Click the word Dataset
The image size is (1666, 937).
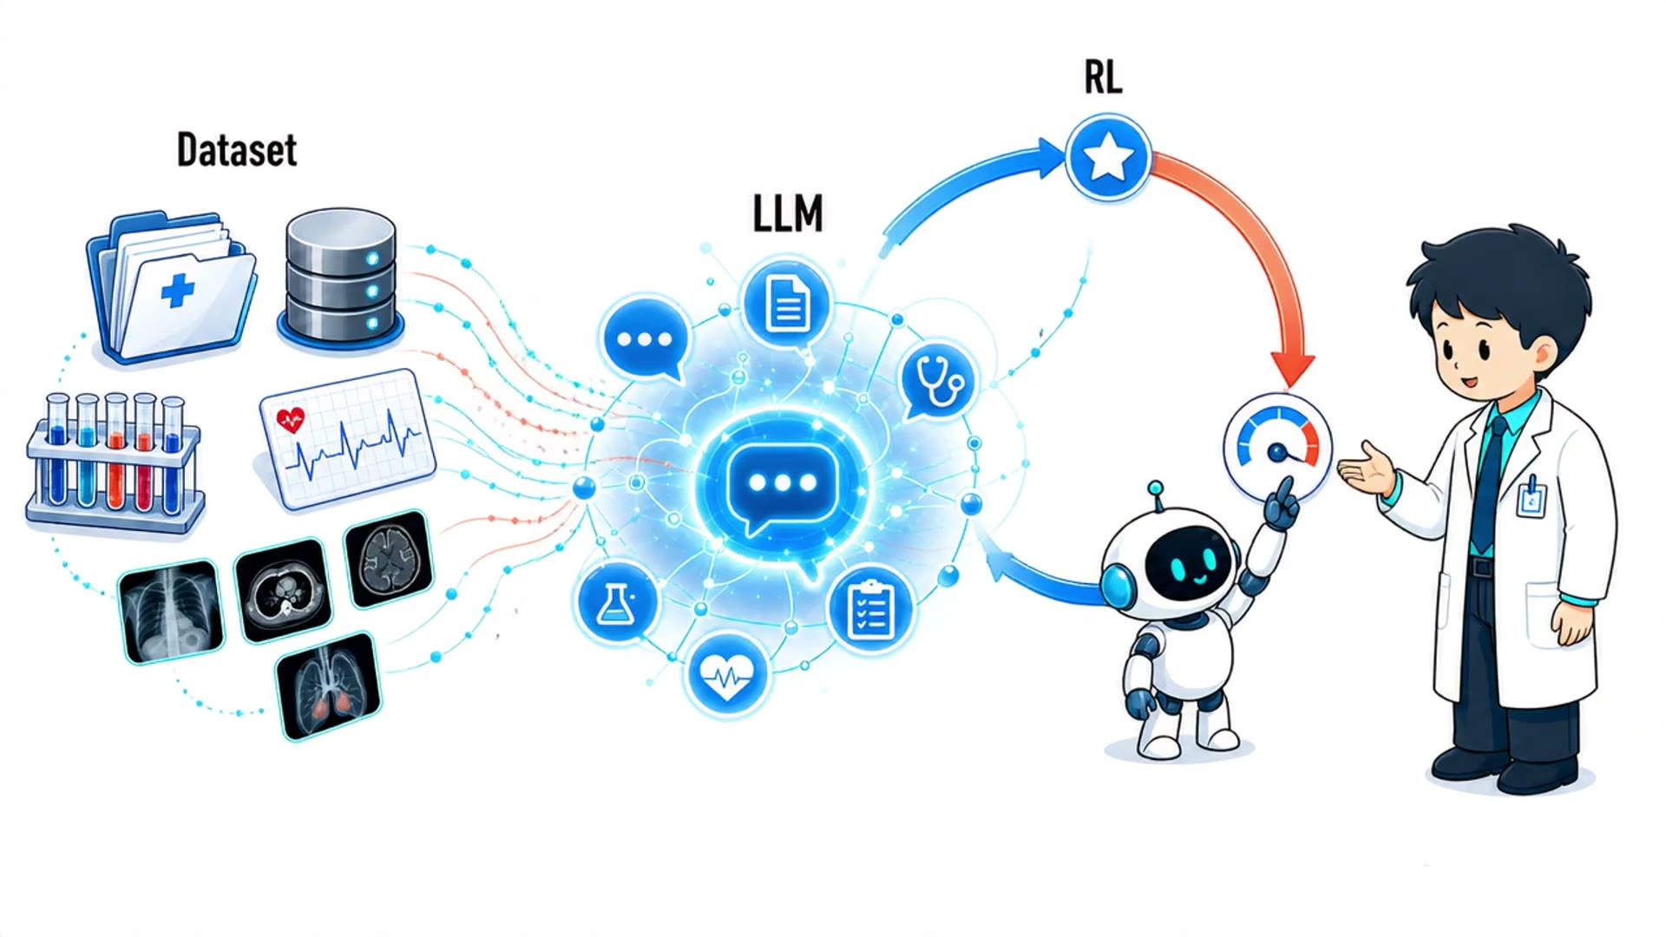click(x=237, y=150)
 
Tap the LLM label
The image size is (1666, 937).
click(x=788, y=213)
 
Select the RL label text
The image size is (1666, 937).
click(x=1103, y=78)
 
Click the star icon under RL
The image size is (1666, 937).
click(x=1108, y=159)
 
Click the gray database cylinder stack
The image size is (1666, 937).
click(x=341, y=278)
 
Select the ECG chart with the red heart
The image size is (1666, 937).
click(x=347, y=437)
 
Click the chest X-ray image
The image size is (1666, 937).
click(x=171, y=611)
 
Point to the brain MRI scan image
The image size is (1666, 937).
click(x=388, y=558)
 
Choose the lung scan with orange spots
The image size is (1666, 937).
click(x=329, y=686)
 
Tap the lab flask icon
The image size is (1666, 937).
click(x=616, y=602)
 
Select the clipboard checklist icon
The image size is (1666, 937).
click(x=870, y=608)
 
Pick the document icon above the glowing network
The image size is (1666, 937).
click(x=787, y=303)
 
